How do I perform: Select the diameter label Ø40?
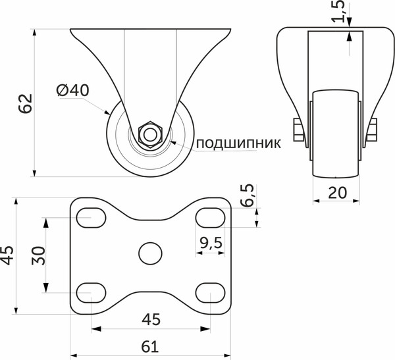(73, 91)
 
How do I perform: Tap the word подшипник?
(238, 142)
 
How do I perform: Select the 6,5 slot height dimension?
(248, 195)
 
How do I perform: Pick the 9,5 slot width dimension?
(209, 244)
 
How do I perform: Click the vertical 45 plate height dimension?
(7, 255)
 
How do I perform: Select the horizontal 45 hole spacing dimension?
(151, 319)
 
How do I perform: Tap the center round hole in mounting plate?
(151, 253)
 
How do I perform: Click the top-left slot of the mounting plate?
(92, 217)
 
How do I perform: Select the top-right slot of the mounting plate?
(210, 217)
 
